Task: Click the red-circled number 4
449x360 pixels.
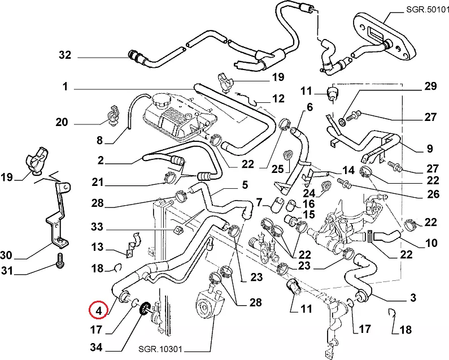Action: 98,310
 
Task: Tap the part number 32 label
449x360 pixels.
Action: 65,55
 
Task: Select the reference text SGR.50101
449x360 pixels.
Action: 426,10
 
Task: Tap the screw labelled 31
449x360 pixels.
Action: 60,262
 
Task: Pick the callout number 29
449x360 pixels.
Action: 431,86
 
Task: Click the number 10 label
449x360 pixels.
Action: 431,244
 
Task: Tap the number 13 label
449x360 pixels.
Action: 98,246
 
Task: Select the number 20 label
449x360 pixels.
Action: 62,122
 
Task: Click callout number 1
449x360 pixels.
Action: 65,87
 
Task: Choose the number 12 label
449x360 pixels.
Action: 278,99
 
